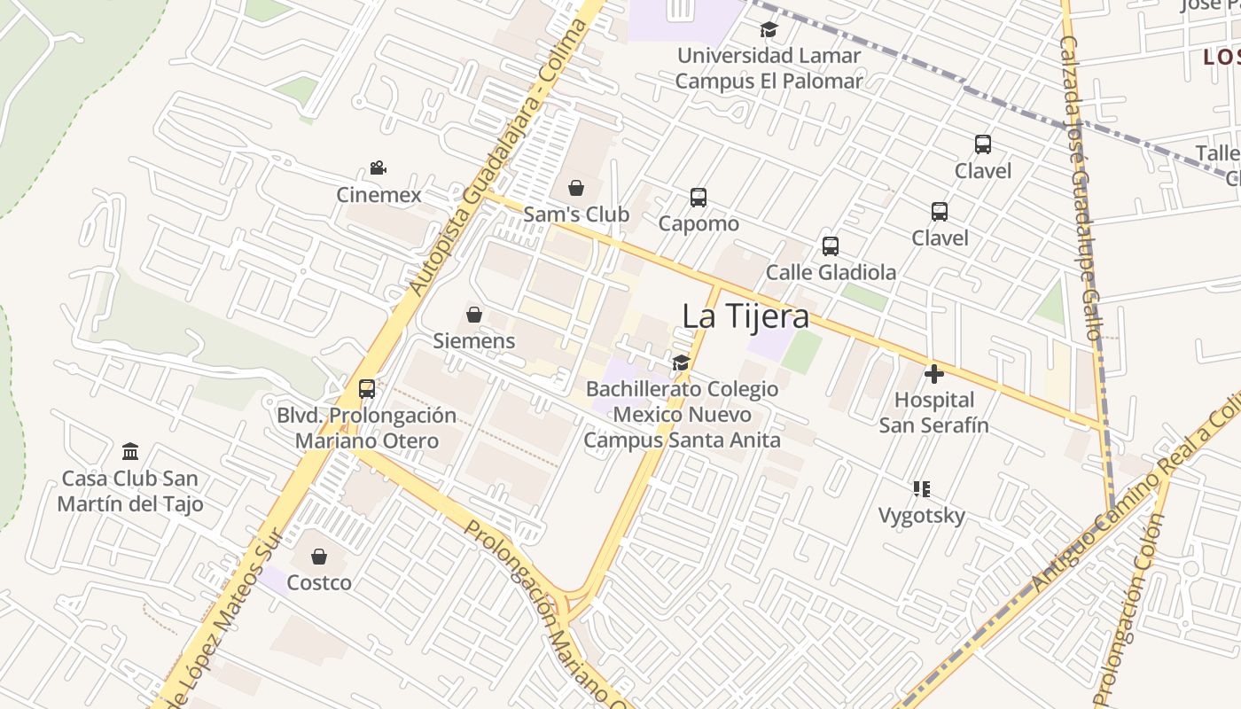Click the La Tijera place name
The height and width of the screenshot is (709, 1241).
(x=745, y=316)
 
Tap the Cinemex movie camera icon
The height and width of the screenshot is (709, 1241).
(x=379, y=168)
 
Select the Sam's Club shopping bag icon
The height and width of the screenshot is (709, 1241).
(x=576, y=188)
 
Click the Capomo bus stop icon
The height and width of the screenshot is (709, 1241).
(x=699, y=198)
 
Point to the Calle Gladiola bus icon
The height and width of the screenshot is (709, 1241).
(x=831, y=246)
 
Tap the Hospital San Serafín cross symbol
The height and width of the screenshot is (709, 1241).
(x=933, y=374)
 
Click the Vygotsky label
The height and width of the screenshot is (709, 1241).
(x=921, y=515)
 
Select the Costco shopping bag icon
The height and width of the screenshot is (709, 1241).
(x=319, y=557)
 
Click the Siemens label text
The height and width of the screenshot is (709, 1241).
(x=473, y=340)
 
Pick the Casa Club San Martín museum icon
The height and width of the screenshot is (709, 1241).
(x=130, y=452)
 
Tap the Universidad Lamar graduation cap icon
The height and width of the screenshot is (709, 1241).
(x=769, y=30)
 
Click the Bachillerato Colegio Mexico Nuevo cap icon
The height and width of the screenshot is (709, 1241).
(x=681, y=362)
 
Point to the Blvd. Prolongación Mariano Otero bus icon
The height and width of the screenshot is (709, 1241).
(x=366, y=388)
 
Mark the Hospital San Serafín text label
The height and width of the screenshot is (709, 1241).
(x=933, y=412)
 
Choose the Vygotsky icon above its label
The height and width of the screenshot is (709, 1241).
(x=922, y=489)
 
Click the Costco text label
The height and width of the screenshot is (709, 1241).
(x=319, y=582)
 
